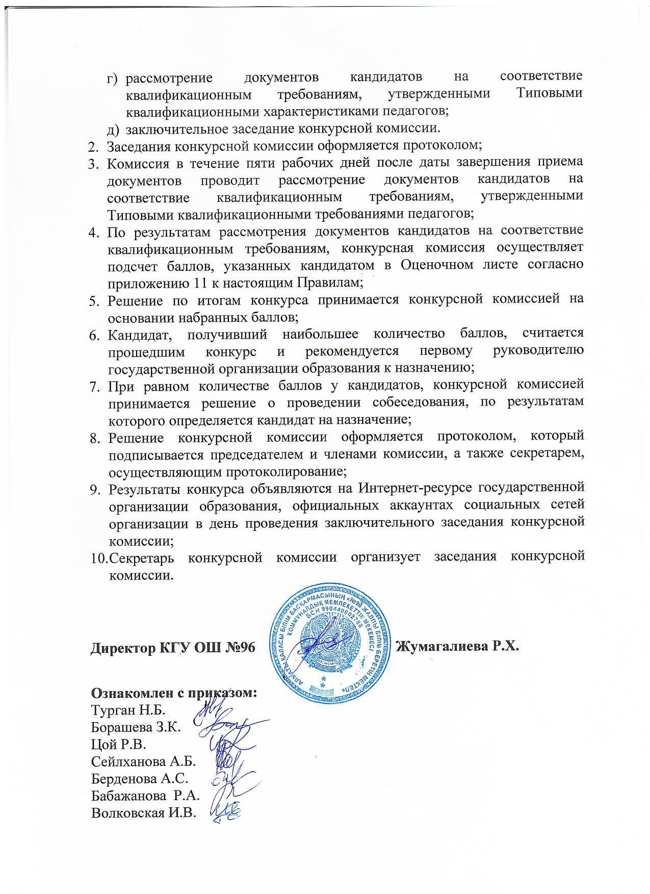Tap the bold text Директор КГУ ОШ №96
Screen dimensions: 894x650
tap(172, 648)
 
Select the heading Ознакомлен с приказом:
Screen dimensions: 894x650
tap(173, 694)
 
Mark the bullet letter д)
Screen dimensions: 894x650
tap(114, 127)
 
